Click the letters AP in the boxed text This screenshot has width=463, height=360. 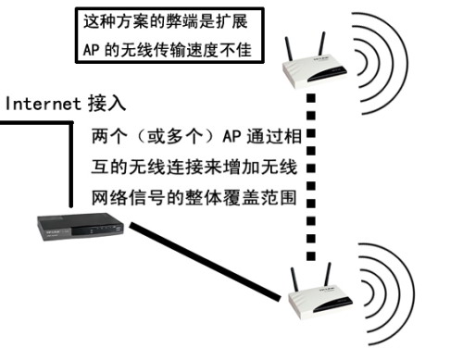tap(90, 49)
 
